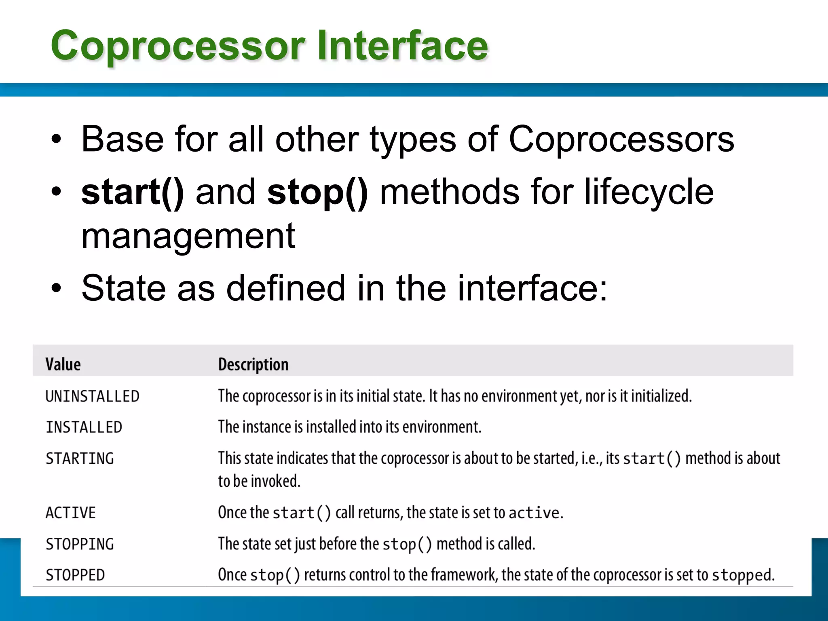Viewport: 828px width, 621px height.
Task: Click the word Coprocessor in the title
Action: point(178,46)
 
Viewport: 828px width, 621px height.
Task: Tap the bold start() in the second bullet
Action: point(133,192)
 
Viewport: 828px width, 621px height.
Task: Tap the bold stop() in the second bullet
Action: point(317,192)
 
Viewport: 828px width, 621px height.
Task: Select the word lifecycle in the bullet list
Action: point(648,192)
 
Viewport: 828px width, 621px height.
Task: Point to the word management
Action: point(188,236)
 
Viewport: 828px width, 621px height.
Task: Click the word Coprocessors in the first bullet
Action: point(621,139)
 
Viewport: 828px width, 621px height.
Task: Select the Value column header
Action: point(63,364)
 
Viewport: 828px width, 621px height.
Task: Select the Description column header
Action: point(253,364)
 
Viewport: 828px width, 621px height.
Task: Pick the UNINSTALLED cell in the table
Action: point(93,396)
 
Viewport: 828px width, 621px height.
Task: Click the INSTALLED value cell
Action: point(84,427)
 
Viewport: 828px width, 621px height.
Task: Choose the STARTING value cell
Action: point(80,458)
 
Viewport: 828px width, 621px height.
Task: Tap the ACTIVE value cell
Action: point(71,513)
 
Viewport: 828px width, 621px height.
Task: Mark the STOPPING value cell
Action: point(80,544)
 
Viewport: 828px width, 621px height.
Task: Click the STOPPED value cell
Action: point(75,575)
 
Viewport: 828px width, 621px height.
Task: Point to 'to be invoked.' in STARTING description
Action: point(259,481)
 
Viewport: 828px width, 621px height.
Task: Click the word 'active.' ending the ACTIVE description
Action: point(535,513)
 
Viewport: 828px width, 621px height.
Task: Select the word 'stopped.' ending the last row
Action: point(743,575)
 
